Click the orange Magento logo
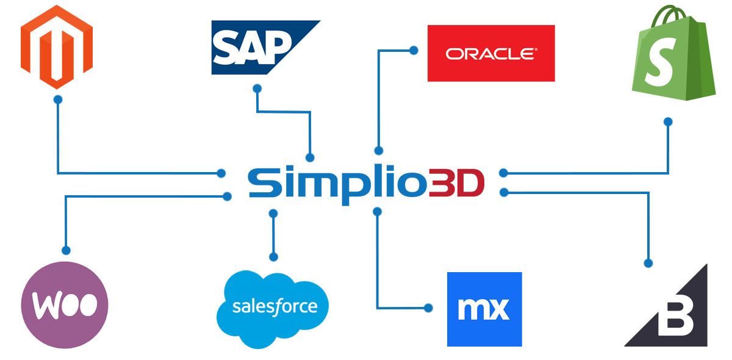click(57, 47)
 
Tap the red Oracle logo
click(491, 53)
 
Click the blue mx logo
click(484, 309)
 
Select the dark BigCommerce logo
click(666, 305)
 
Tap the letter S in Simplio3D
click(262, 182)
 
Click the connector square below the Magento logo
click(58, 100)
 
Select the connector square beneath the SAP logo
click(257, 88)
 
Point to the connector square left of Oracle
click(414, 51)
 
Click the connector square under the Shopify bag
click(668, 123)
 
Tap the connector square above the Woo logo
click(66, 251)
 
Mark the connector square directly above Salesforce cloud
click(274, 257)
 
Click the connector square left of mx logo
click(429, 308)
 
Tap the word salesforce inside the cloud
click(274, 306)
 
